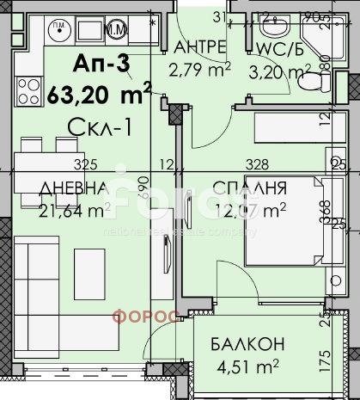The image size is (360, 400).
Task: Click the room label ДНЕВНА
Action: click(x=72, y=188)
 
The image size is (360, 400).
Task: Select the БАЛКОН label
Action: click(x=247, y=345)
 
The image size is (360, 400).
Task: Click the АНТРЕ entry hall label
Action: click(x=199, y=46)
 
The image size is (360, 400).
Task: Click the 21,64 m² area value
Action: click(x=71, y=208)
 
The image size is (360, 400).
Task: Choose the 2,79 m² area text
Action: click(x=200, y=65)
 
